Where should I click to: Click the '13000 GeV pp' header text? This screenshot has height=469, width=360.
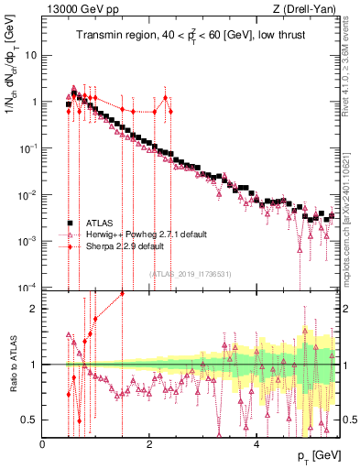pos(76,9)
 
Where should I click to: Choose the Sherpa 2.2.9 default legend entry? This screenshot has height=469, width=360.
pos(125,246)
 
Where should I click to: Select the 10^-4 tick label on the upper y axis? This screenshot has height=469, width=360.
pos(27,288)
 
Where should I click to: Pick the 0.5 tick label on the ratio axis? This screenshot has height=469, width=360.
pos(30,420)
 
